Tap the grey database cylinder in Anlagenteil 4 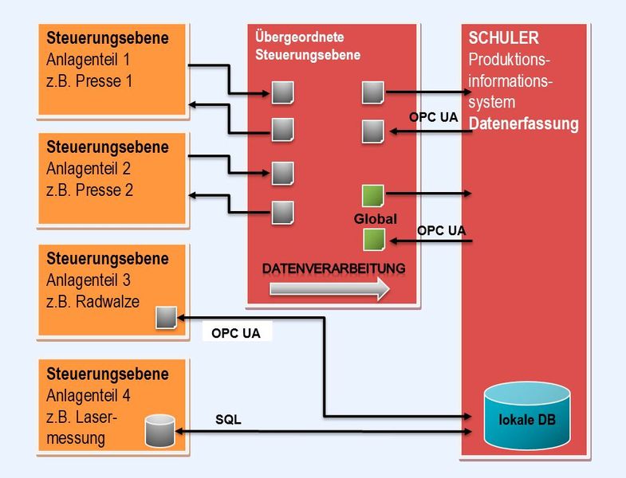159,430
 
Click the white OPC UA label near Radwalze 235,333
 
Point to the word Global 375,218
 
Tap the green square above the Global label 372,195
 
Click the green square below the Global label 373,238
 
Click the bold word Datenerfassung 523,124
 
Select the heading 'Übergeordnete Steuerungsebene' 307,46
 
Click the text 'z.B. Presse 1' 89,81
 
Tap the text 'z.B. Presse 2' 89,190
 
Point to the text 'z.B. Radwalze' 93,302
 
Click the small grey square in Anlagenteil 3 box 165,318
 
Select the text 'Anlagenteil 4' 88,395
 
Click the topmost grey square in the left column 282,92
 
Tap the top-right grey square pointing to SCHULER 372,92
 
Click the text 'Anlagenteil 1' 88,60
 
